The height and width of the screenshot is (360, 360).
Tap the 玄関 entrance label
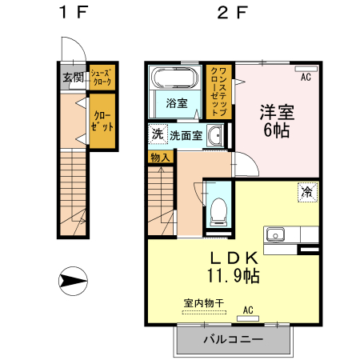pyautogui.click(x=72, y=78)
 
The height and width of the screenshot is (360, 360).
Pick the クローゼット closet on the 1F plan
pyautogui.click(x=102, y=122)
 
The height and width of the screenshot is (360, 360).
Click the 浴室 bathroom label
pyautogui.click(x=176, y=104)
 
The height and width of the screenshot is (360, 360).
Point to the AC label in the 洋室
pyautogui.click(x=305, y=78)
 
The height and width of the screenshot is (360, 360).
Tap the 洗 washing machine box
pyautogui.click(x=157, y=134)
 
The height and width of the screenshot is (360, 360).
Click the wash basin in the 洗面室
pyautogui.click(x=214, y=137)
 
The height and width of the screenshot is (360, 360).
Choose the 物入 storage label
pyautogui.click(x=160, y=158)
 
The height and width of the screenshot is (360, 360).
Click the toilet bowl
pyautogui.click(x=216, y=213)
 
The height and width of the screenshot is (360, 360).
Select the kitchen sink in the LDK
pyautogui.click(x=276, y=235)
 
